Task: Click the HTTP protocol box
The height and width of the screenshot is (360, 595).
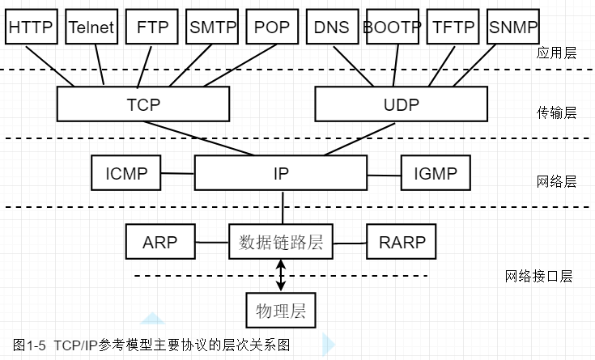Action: pos(31,28)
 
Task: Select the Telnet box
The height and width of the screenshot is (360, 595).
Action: pos(91,28)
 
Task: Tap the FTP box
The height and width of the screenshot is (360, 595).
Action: pos(152,28)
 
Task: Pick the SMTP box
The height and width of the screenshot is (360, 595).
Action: pos(212,28)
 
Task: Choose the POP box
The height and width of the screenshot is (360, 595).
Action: pos(272,28)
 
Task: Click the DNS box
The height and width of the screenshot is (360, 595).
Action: pos(333,28)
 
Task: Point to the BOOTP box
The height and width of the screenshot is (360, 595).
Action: pos(393,28)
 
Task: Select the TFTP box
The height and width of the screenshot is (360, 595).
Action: pos(453,28)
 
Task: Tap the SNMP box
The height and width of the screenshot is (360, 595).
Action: pos(513,28)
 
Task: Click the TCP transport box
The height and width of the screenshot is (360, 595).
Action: pos(143,104)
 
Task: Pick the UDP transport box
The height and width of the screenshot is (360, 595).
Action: pos(402,104)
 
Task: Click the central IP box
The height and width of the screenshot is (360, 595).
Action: pos(281,173)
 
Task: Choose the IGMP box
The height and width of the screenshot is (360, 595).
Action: pos(436,173)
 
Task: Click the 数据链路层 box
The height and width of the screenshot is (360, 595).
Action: pos(281,241)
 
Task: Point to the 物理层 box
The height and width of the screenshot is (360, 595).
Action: pos(281,311)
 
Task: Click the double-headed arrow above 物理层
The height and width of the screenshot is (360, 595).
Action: pos(281,276)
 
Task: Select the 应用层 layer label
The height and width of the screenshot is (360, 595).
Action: pos(556,53)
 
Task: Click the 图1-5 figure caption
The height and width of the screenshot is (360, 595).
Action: pos(151,345)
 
